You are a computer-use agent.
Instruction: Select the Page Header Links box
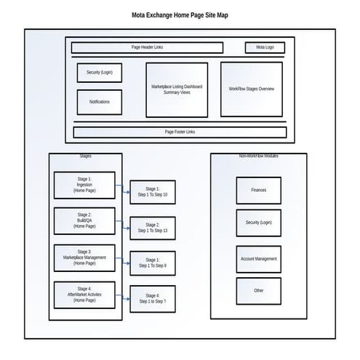147,47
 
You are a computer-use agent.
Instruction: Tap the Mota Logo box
265,47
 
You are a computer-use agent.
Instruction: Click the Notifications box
100,102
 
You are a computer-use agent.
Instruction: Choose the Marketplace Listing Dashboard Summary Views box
177,89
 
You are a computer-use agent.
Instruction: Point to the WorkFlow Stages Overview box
251,89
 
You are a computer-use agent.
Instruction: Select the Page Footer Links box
180,132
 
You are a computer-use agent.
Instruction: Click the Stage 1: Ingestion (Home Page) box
84,185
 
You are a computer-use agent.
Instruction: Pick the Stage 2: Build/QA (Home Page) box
84,221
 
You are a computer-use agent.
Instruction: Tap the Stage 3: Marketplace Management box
84,258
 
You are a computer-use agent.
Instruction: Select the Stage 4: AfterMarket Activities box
84,295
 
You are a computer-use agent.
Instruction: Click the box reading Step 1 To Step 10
152,192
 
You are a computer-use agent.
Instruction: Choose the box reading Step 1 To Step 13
152,228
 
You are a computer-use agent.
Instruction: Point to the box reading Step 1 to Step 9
152,263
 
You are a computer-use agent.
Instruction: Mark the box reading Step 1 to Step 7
152,298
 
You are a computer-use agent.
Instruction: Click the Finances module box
258,190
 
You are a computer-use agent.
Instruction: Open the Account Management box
258,259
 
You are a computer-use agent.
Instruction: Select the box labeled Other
258,290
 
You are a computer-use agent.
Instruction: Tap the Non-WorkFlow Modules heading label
258,156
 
